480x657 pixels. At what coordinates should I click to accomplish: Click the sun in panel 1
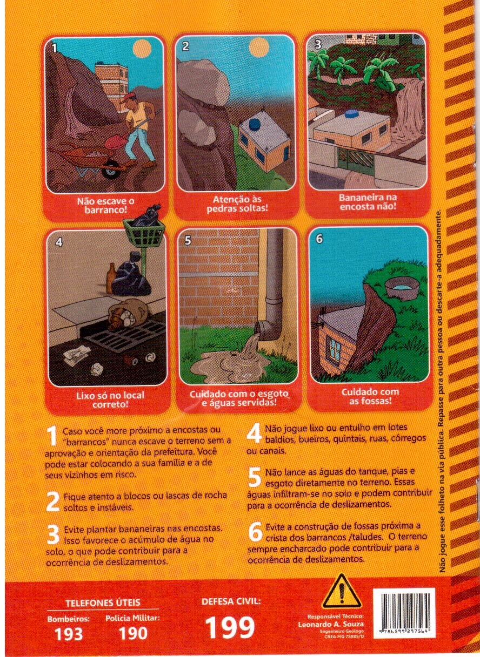[x=142, y=48]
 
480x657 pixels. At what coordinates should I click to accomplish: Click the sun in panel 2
[x=259, y=47]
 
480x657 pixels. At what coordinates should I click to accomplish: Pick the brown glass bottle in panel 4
[x=110, y=278]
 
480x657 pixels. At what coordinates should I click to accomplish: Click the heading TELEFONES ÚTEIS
[x=103, y=602]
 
